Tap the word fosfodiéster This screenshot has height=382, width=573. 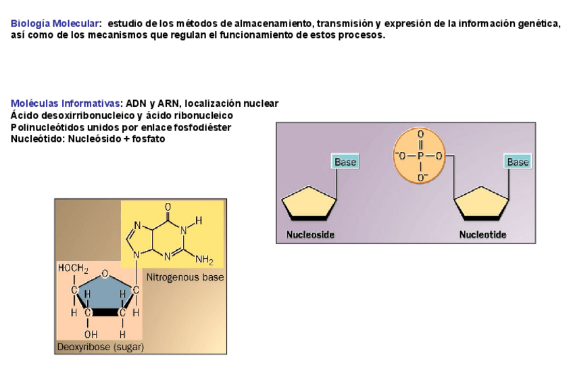[202, 127]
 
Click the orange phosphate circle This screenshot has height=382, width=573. [420, 156]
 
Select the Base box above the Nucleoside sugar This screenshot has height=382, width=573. [345, 162]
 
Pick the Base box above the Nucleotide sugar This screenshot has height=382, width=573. [518, 162]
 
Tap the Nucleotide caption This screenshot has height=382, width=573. [482, 235]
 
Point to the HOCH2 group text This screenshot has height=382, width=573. [76, 268]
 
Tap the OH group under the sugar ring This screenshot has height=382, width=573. [90, 333]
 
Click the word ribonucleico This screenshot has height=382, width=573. [199, 116]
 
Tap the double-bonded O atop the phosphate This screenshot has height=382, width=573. [420, 134]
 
